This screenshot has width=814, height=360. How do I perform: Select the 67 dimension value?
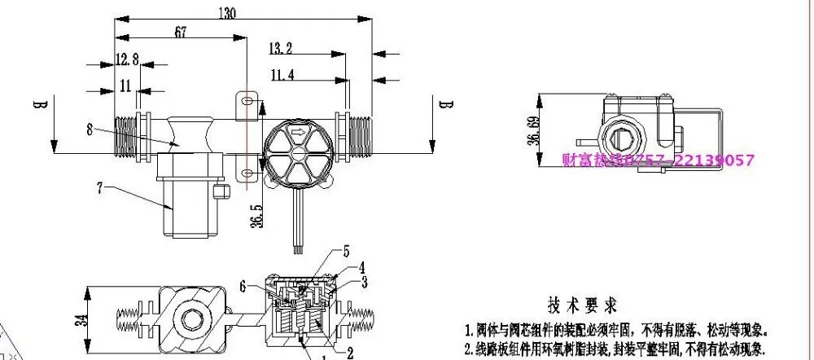point(181,32)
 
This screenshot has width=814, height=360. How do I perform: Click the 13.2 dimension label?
point(279,49)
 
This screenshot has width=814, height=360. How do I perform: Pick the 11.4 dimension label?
point(282,75)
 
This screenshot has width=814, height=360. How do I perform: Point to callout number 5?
point(346,251)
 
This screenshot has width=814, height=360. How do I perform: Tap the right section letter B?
point(444,104)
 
